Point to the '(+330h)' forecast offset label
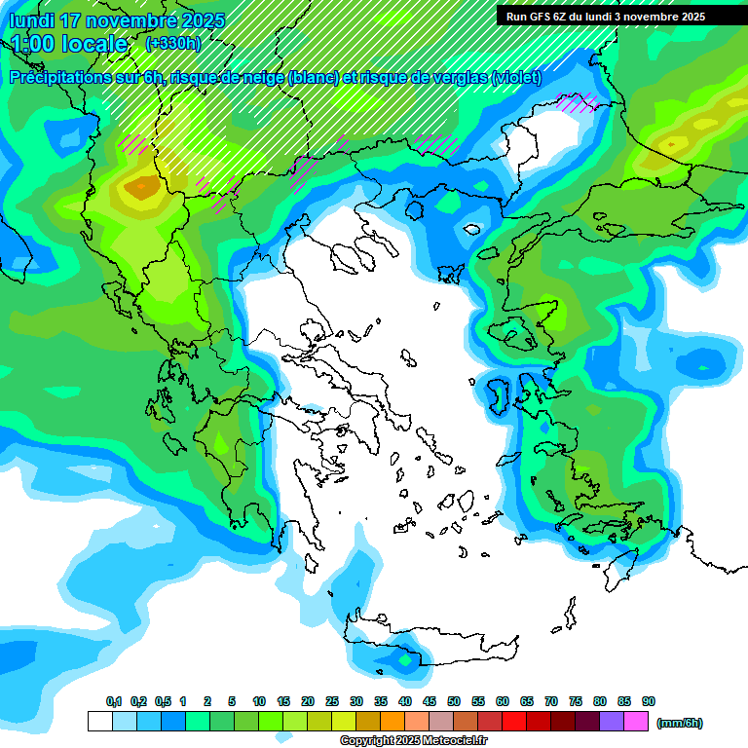[172, 43]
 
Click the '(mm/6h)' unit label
[679, 723]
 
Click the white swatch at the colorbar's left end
[99, 722]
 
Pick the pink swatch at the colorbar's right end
[636, 722]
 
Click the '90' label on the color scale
[649, 701]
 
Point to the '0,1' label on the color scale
[114, 701]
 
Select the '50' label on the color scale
[454, 701]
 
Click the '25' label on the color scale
[332, 701]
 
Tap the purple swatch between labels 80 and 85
[612, 722]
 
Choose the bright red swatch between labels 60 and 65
[514, 722]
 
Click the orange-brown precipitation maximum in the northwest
[142, 187]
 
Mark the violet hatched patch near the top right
[579, 100]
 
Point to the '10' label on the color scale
[259, 701]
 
